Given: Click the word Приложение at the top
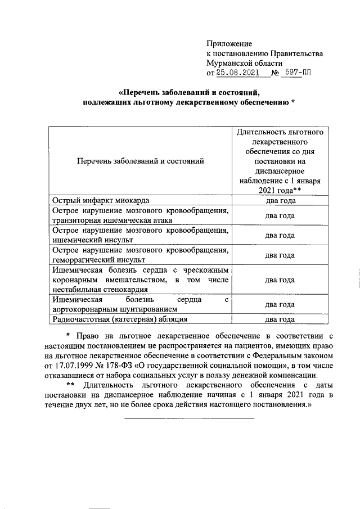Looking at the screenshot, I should [229, 43].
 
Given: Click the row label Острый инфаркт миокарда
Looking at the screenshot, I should [101, 200].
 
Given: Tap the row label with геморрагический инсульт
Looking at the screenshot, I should [98, 259].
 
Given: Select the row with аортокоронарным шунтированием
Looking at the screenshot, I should [115, 309].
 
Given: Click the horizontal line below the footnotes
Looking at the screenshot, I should [189, 417].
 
